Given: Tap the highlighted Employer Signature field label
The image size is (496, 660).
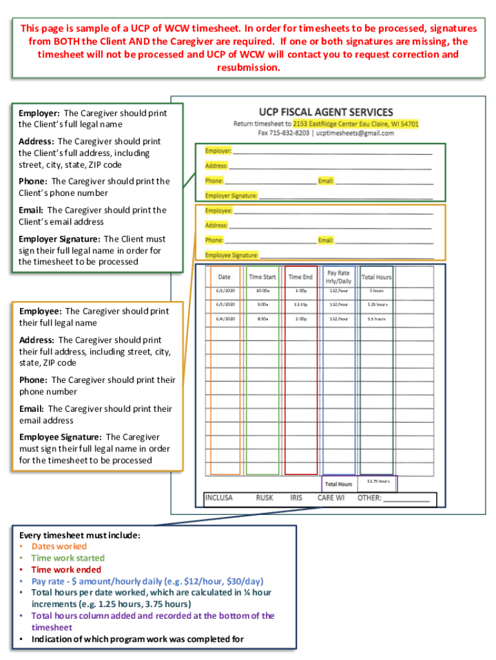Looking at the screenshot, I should tap(231, 195).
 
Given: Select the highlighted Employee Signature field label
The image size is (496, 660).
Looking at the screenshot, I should tap(231, 255).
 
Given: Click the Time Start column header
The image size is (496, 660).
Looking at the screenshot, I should tap(262, 277).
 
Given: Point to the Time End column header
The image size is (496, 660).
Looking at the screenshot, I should tap(300, 277).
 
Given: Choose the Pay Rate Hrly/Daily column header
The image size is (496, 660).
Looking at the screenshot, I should tap(338, 277).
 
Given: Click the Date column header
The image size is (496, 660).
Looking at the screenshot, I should tap(224, 277).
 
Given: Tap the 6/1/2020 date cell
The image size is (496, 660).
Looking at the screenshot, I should tap(225, 291).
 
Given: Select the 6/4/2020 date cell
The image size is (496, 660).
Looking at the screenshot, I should tap(225, 318).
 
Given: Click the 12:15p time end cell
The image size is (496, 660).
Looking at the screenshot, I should tap(300, 305).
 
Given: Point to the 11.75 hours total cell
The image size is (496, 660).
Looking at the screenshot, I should tap(378, 481).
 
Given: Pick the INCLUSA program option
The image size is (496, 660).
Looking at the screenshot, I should tap(219, 498).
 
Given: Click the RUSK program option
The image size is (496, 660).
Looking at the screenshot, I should tap(264, 498).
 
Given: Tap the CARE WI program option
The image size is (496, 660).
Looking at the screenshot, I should tap(331, 498).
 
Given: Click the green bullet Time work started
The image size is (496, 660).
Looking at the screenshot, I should tap(68, 558).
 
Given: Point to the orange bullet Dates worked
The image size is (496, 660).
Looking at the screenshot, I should tap(59, 547).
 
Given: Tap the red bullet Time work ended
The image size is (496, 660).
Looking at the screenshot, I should tap(66, 570).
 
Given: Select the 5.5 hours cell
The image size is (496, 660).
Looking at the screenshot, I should tap(376, 318).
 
